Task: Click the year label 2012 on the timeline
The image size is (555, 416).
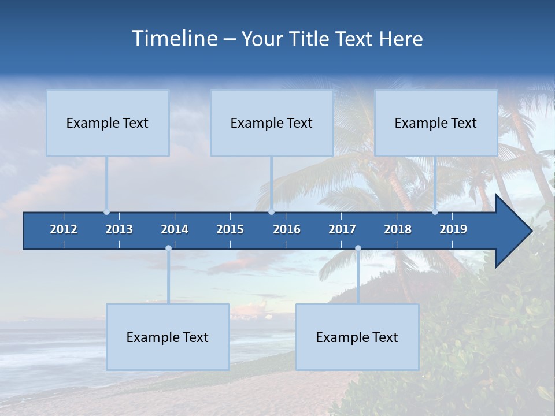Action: pos(64,229)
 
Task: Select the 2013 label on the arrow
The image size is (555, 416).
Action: pos(119,229)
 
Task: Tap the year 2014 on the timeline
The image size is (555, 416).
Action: pos(175,229)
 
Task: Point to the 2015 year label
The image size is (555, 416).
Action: pos(230,229)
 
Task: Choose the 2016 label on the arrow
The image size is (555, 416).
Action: pos(287,229)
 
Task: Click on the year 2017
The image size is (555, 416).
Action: pos(342,229)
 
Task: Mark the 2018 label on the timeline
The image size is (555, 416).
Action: pos(398,229)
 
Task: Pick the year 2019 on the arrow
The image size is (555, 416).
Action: pos(453,229)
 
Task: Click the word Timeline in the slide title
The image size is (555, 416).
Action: pos(174,39)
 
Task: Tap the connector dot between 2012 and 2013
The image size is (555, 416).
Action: pos(106,212)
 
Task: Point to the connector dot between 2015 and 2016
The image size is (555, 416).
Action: pos(271,212)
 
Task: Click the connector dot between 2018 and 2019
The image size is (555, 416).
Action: pos(435,212)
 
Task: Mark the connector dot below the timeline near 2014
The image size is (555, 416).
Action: pos(168,248)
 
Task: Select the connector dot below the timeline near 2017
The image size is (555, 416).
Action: pos(358,248)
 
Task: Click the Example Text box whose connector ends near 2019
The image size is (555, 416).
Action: pos(436,122)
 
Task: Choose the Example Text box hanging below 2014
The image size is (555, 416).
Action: pos(168,337)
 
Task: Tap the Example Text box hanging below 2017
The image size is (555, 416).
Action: pos(357,337)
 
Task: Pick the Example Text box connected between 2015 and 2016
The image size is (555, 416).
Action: pos(272,122)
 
